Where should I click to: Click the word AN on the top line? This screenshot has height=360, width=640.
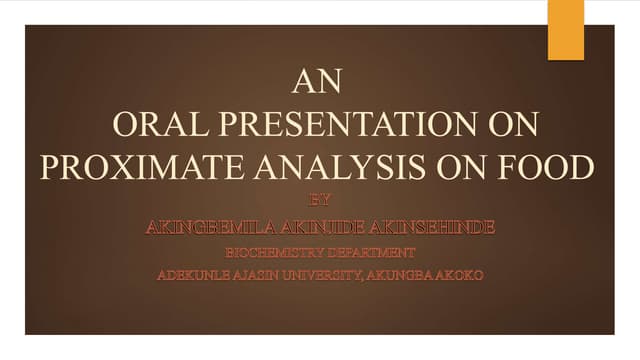pyautogui.click(x=319, y=80)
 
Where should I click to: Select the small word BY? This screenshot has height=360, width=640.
pyautogui.click(x=319, y=202)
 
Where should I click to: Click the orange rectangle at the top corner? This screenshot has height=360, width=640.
pyautogui.click(x=565, y=29)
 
